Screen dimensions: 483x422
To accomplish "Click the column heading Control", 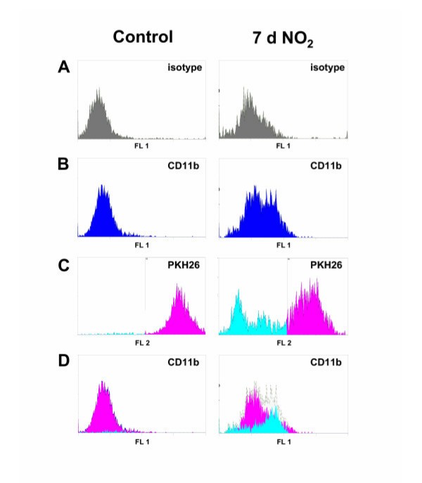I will point(143,37).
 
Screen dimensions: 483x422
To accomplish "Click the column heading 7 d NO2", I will point(283,39).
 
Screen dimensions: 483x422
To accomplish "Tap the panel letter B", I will point(64,166).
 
